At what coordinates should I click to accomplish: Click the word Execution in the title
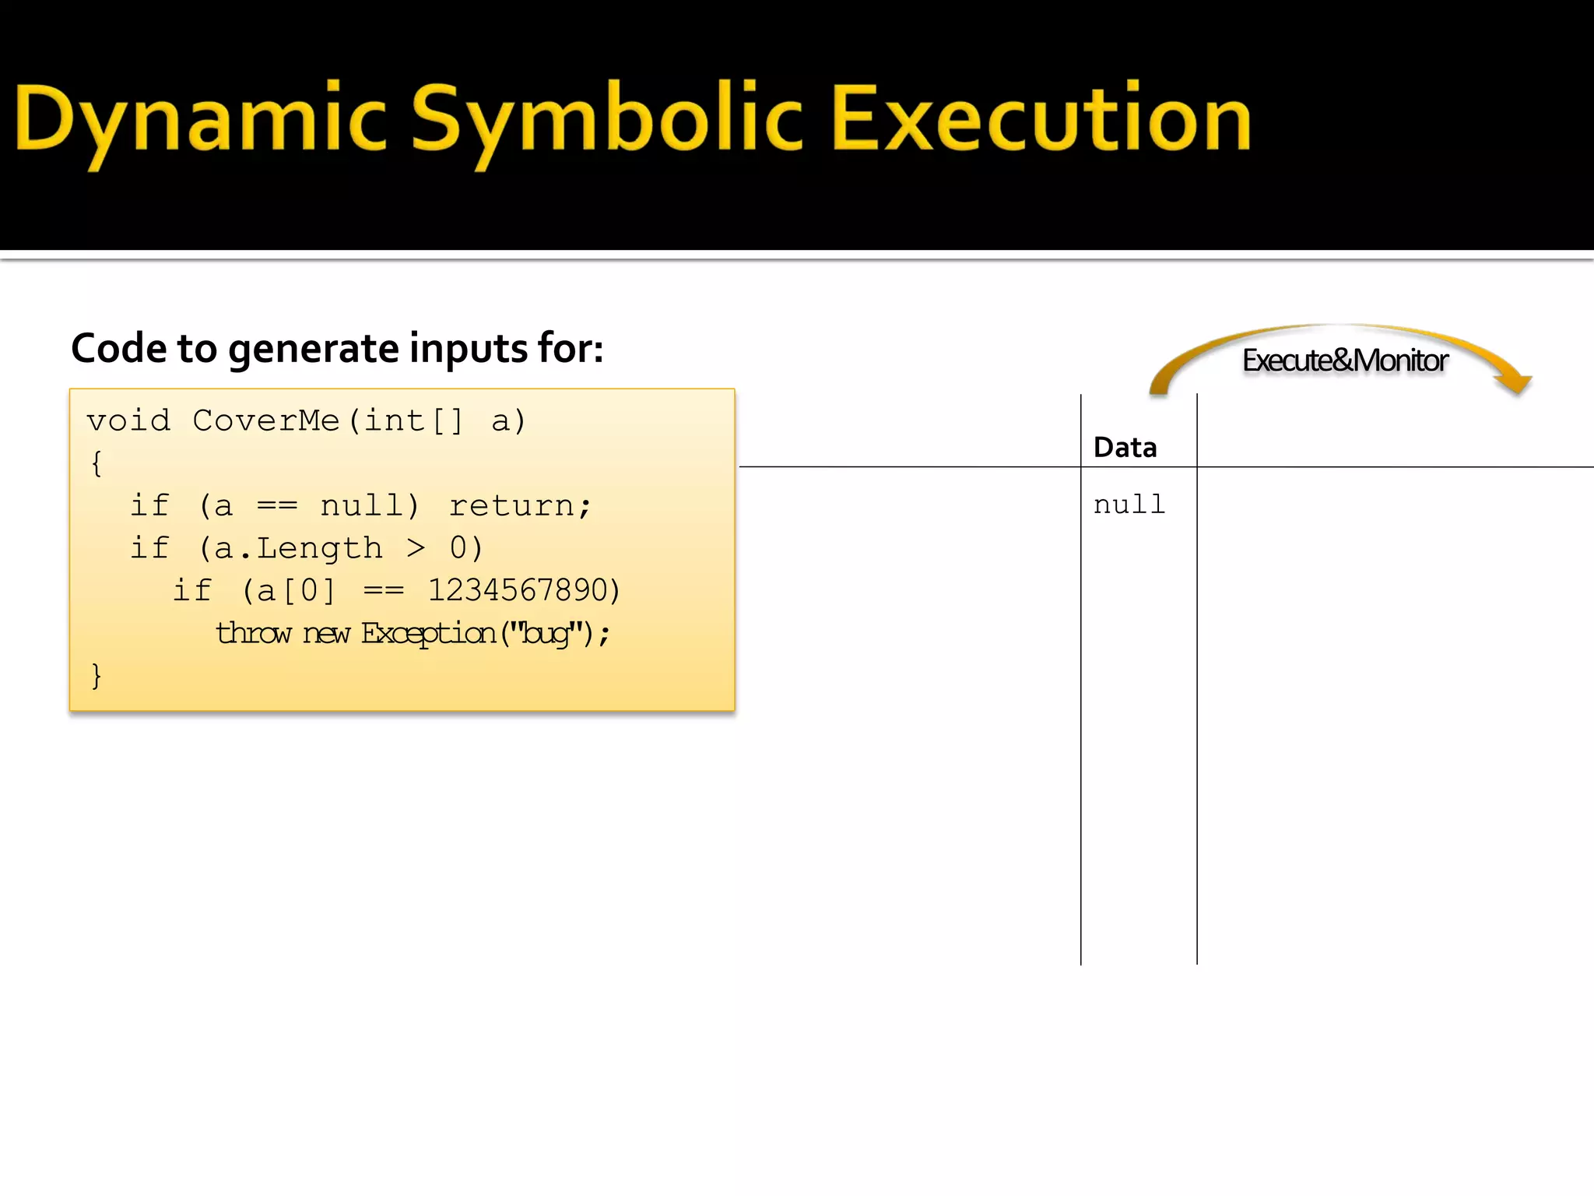pos(1041,118)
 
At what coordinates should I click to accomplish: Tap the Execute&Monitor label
pos(1345,361)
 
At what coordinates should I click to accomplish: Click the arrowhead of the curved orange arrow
pos(1515,383)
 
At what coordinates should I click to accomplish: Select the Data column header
pos(1125,448)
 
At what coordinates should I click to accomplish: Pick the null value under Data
pos(1129,505)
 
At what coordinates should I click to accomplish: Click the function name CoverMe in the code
pos(265,420)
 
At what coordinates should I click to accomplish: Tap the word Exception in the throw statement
pos(428,633)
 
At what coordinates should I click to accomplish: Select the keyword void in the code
pos(128,420)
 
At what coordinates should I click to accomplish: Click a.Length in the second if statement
pos(298,548)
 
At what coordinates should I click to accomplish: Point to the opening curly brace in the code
pos(97,463)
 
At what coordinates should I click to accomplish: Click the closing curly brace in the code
pos(97,675)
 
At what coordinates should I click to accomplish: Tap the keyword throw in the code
pos(254,633)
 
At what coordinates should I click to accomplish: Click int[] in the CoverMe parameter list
pos(413,420)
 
